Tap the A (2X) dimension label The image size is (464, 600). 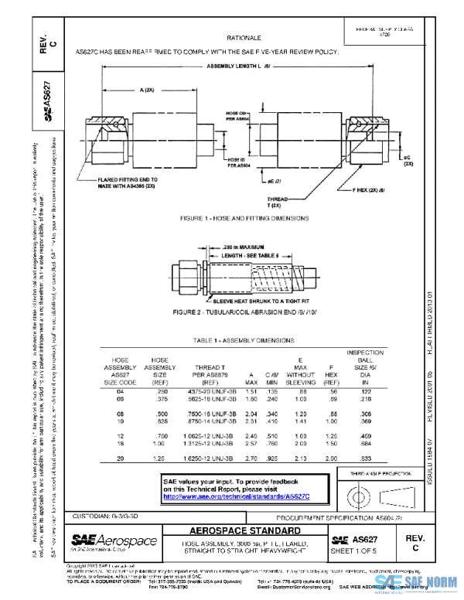(x=146, y=90)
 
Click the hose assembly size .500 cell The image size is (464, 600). (x=161, y=415)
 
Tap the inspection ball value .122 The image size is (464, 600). (x=360, y=391)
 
